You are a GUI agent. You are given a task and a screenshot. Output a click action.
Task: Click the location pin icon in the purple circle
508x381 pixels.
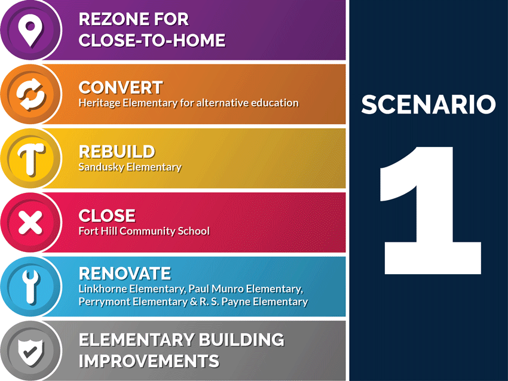coord(30,30)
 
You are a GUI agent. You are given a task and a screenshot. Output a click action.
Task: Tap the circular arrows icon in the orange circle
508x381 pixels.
coord(30,94)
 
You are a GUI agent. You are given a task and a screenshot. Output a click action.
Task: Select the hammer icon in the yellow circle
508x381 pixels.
coord(30,159)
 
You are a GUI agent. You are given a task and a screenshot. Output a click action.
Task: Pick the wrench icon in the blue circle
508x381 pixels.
coord(30,287)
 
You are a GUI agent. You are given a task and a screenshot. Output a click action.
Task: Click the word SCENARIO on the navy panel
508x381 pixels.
coord(428,105)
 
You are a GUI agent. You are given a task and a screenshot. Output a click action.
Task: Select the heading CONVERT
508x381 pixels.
coord(120,88)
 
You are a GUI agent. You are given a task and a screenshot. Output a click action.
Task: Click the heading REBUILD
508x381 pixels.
coord(117,152)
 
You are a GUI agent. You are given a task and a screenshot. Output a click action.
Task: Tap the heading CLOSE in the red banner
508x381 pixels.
coord(107,216)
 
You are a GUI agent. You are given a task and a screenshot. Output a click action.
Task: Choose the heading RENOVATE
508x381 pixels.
coord(124,274)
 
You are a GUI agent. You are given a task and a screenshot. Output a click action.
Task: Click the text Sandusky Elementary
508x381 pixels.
coord(130,167)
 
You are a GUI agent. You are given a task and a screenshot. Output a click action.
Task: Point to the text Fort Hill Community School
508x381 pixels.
coord(143,231)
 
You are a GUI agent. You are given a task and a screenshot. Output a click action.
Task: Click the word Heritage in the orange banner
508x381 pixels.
coord(97,103)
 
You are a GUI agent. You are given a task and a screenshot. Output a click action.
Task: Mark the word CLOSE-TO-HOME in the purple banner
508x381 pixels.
coord(152,41)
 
